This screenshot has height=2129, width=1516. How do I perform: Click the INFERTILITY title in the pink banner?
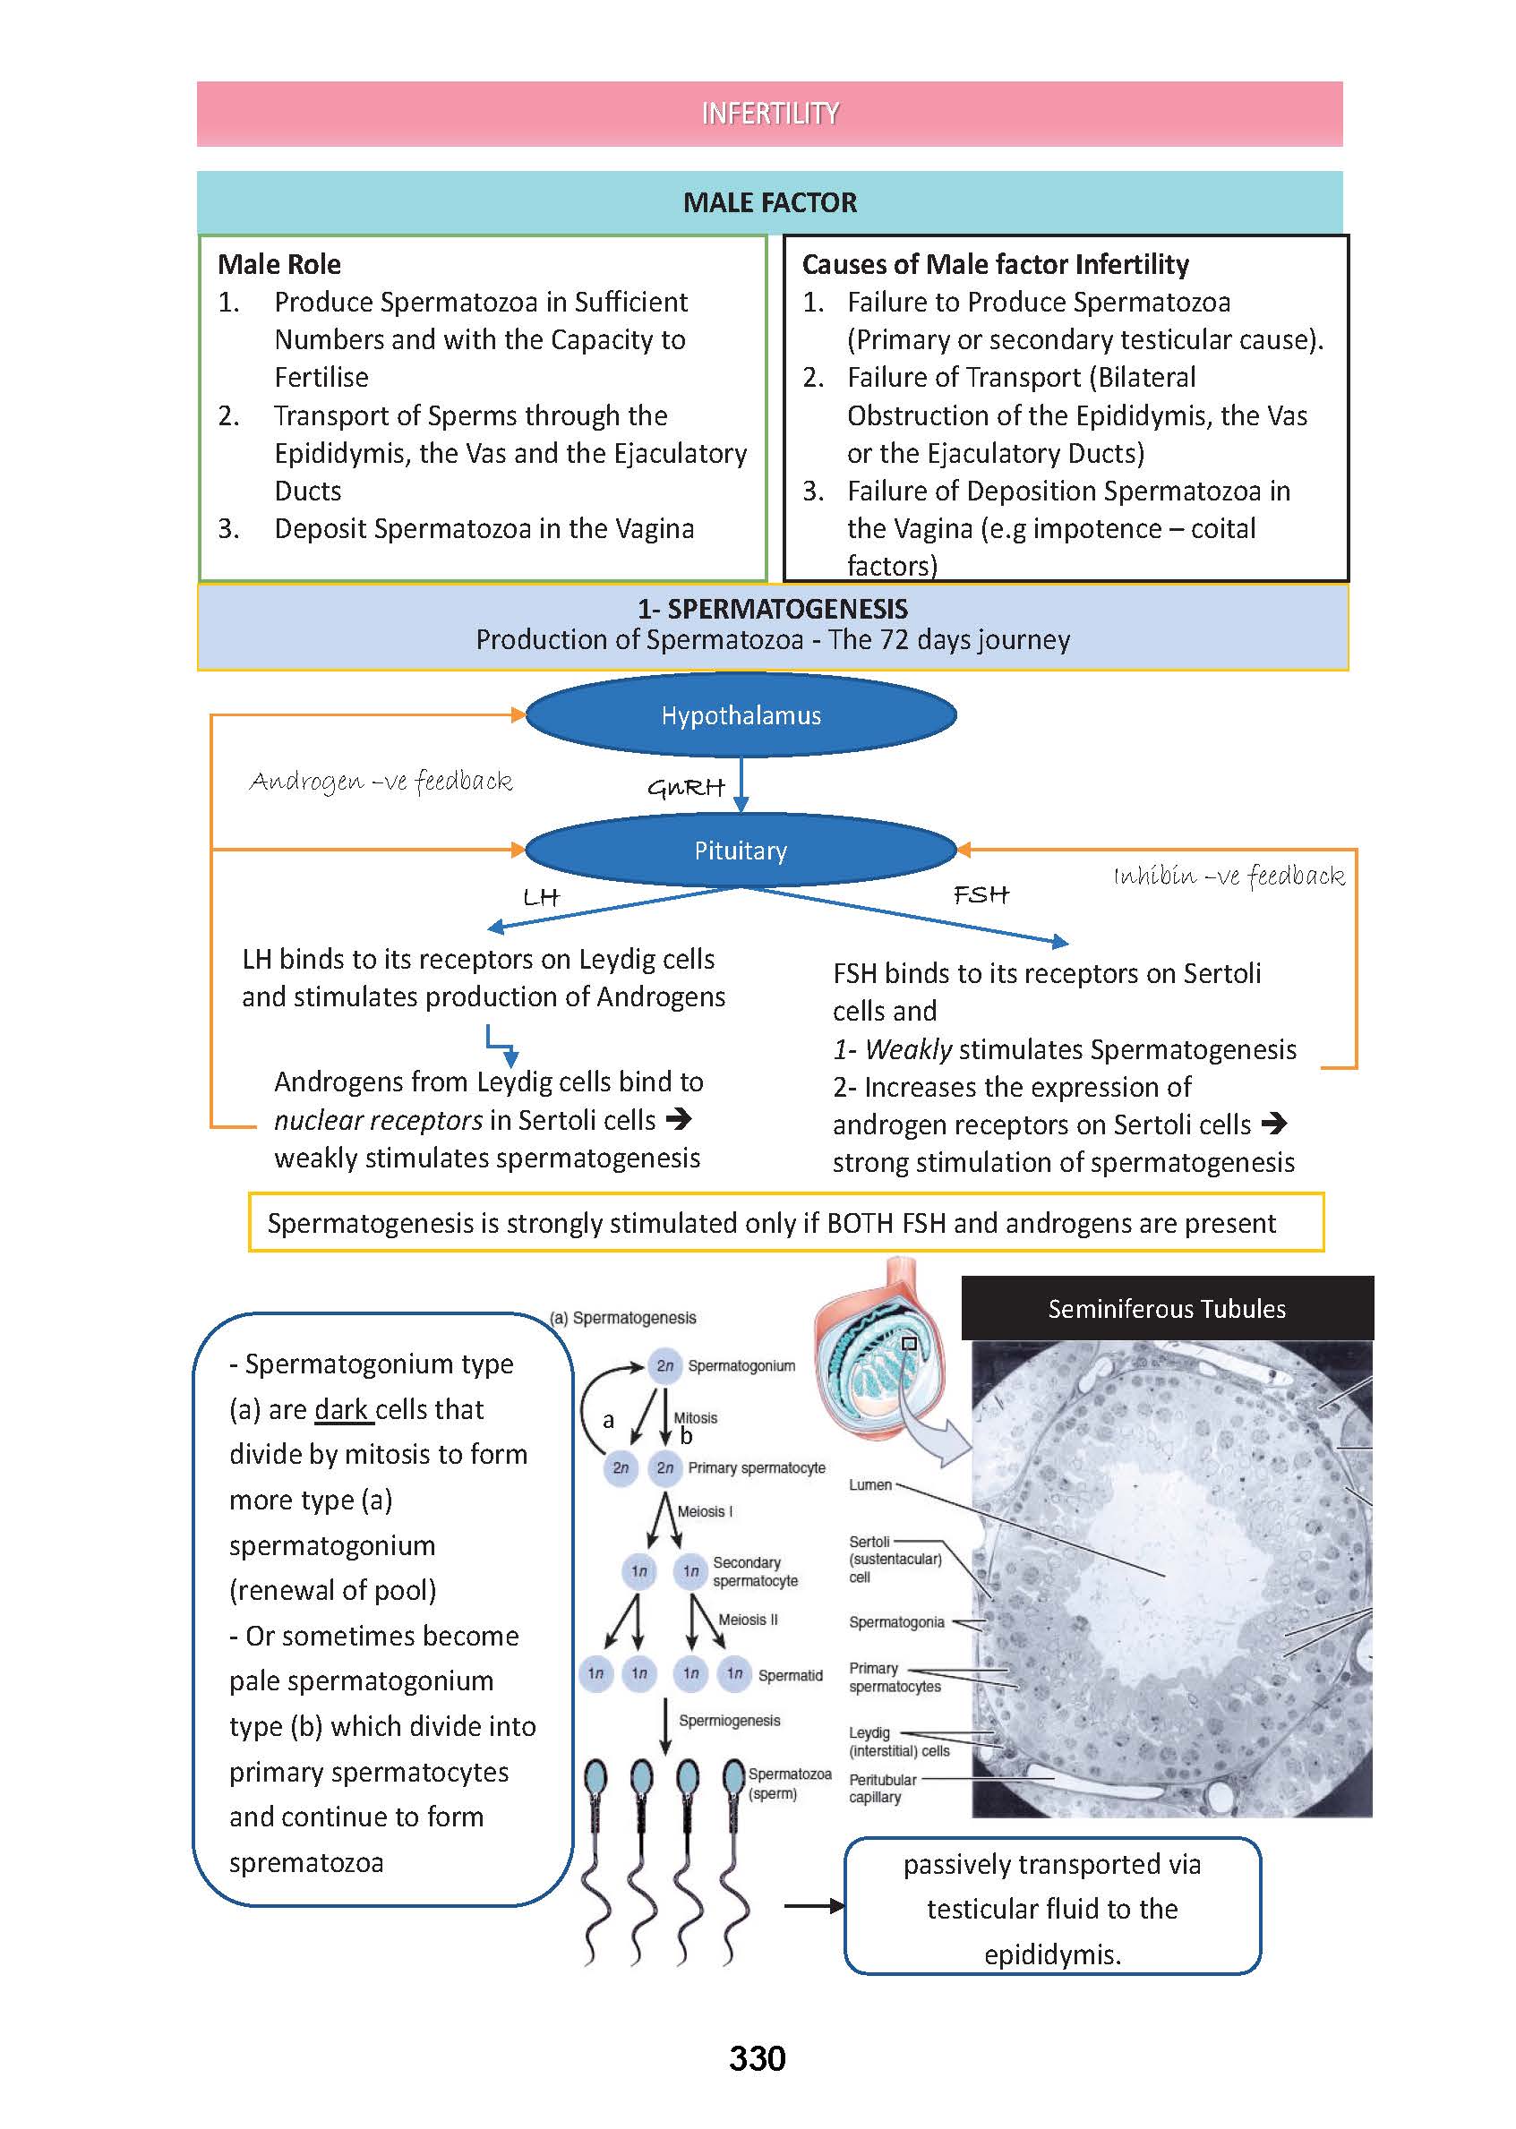pos(769,114)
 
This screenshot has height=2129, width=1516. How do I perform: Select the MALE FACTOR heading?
pos(769,202)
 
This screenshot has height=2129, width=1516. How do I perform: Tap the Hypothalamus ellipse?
pos(741,715)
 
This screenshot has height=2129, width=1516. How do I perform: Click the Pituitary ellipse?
pos(741,851)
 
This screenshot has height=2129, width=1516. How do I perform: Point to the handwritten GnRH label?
pos(686,788)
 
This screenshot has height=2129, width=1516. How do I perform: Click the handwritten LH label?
pos(541,898)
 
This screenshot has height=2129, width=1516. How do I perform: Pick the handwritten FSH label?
pos(981,895)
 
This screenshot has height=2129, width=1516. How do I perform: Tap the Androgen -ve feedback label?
pos(381,782)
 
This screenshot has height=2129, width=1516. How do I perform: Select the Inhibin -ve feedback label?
pos(1229,876)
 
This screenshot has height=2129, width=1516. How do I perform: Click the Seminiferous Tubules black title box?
pos(1166,1309)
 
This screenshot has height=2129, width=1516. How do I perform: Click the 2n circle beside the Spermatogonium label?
pos(664,1365)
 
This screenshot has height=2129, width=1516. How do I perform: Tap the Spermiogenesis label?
pos(729,1720)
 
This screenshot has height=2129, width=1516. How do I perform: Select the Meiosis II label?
pos(748,1620)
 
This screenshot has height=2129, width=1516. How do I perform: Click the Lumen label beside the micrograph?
pos(870,1485)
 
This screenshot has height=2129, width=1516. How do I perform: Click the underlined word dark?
pos(342,1409)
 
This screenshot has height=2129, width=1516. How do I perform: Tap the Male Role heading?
pos(279,264)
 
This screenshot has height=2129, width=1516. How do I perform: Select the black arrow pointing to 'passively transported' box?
pos(813,1906)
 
